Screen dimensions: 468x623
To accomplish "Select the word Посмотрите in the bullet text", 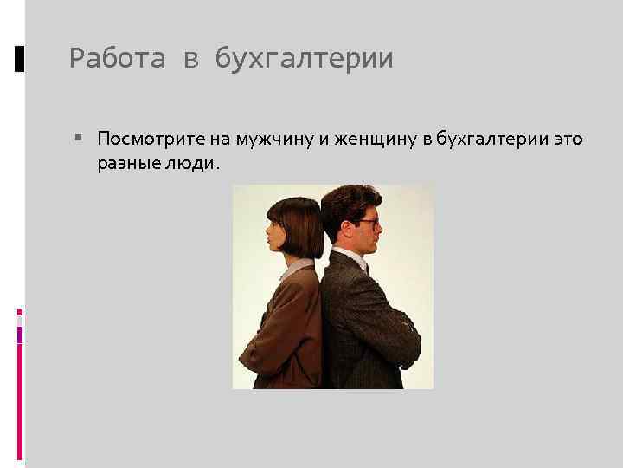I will [144, 139].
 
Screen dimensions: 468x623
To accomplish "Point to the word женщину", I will [366, 139].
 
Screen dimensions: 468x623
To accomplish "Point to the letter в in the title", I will [189, 60].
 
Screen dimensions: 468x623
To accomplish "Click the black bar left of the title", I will [19, 58].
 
